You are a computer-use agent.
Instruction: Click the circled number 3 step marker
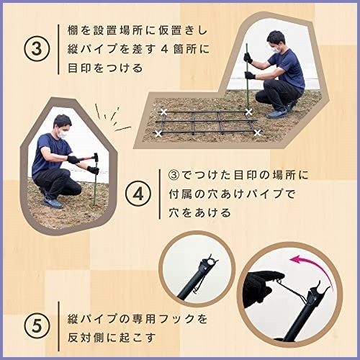[37, 49]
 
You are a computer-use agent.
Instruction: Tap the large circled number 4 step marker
[138, 194]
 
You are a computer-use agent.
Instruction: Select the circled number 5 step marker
[37, 325]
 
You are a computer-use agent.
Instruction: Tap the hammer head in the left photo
[96, 158]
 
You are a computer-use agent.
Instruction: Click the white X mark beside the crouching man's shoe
[249, 112]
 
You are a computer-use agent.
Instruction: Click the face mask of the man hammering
[62, 133]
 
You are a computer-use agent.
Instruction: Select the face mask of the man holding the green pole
[276, 49]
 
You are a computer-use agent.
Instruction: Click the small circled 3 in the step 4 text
[174, 175]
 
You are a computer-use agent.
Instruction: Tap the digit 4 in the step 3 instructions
[164, 49]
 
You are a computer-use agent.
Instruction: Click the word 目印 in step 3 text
[79, 68]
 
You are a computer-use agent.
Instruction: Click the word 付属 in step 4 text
[180, 194]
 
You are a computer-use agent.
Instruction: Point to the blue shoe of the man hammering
[53, 203]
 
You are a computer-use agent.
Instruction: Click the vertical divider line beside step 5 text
[58, 326]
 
